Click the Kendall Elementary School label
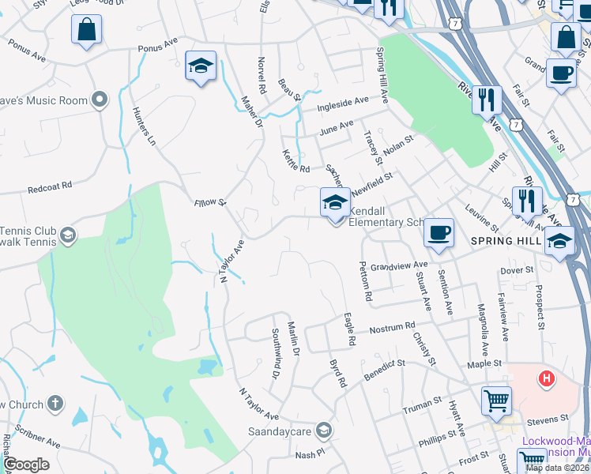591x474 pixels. pos(386,217)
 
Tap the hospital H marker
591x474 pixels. pos(545,379)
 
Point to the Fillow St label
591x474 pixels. pos(210,203)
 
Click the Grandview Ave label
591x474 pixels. pos(398,266)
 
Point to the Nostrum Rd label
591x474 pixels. pos(393,326)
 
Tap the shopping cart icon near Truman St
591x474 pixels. pos(496,399)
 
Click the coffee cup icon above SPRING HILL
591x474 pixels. pos(439,232)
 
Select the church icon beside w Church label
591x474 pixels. pos(55,404)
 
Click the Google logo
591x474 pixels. pos(26,464)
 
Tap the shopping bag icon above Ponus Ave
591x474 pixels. pos(87,30)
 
